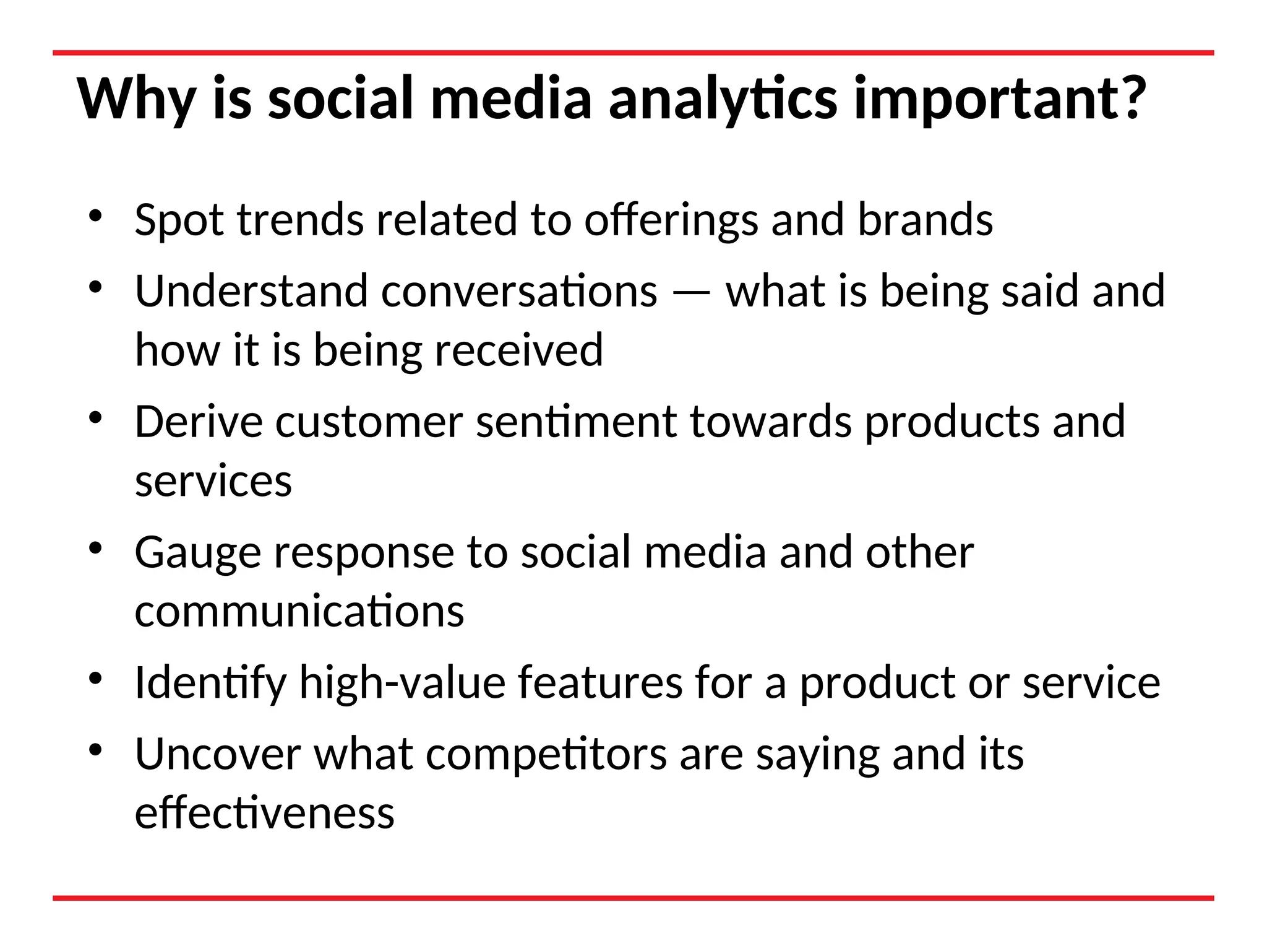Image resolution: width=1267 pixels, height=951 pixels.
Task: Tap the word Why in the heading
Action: tap(137, 99)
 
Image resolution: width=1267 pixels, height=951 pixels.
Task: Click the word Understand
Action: tap(251, 291)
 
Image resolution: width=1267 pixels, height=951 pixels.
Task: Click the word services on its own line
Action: tap(213, 482)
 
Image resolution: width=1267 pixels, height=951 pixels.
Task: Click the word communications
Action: tap(299, 612)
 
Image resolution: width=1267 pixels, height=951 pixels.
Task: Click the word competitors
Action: tap(546, 755)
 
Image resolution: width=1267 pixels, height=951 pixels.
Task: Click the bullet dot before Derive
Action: tap(95, 417)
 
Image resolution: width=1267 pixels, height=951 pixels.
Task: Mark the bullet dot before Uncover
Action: tap(95, 750)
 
